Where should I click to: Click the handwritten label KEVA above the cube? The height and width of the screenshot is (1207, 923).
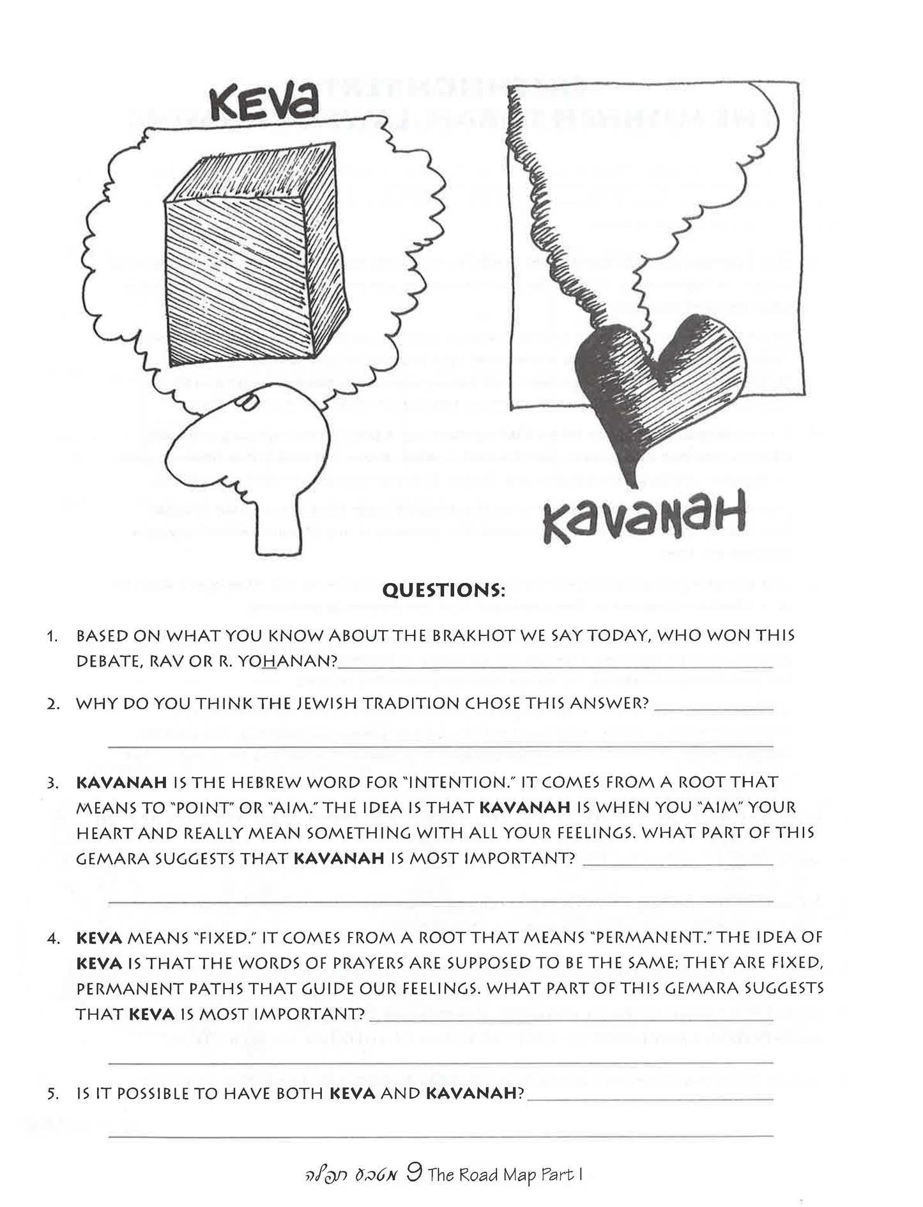(263, 105)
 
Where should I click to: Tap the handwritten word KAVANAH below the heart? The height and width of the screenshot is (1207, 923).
(643, 518)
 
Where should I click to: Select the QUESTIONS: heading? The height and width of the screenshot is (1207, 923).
(443, 590)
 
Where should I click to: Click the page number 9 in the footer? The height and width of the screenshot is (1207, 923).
(414, 1174)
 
